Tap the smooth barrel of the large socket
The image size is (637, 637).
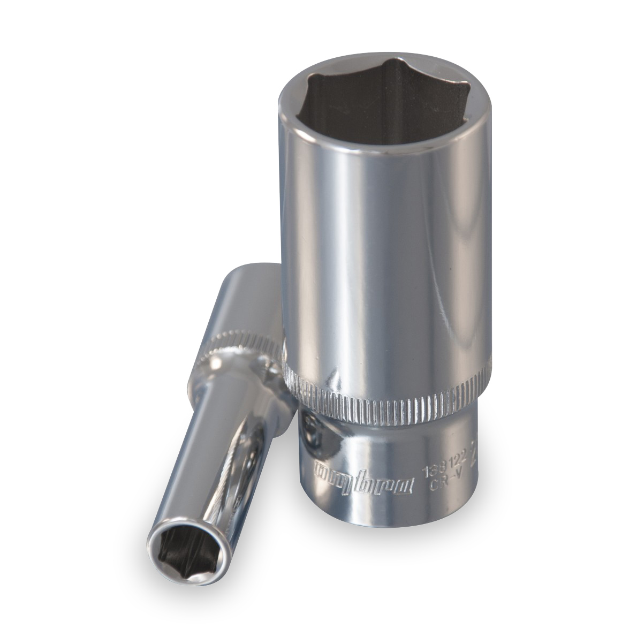click(x=385, y=268)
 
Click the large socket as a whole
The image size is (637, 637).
click(x=385, y=294)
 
